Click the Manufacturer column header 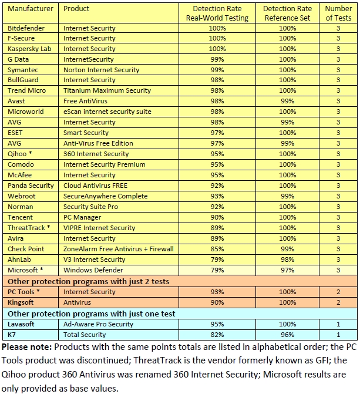(x=30, y=9)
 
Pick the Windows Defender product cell (x=93, y=270)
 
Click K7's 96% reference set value (x=287, y=335)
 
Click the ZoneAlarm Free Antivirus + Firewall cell (x=118, y=249)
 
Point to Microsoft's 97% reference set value (x=287, y=270)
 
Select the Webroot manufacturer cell (x=21, y=196)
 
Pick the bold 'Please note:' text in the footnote (x=26, y=346)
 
